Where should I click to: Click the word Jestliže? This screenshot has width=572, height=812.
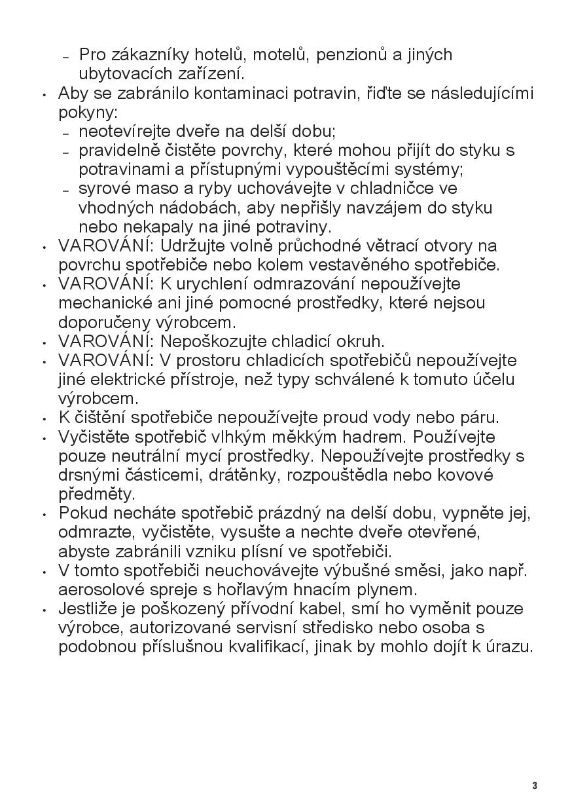86,608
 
